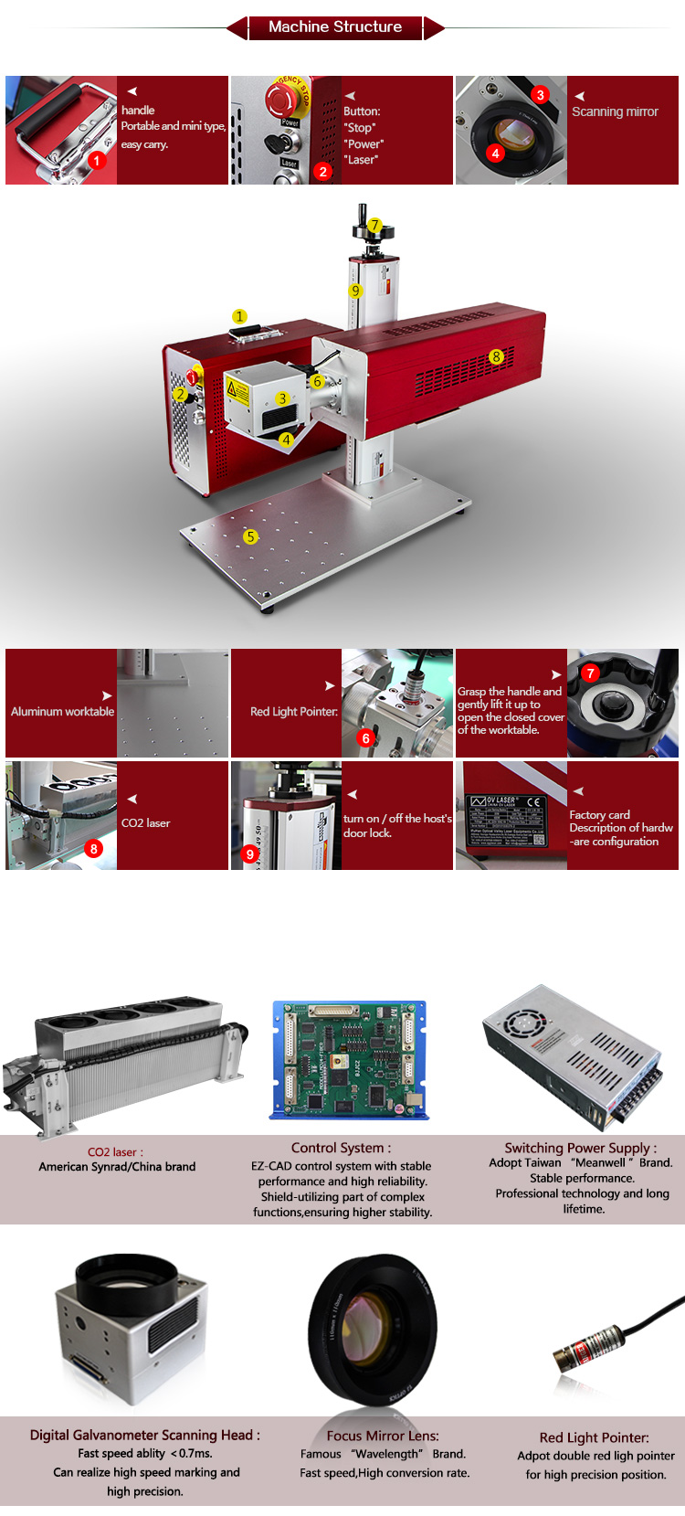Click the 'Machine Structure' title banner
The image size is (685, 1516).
tap(335, 27)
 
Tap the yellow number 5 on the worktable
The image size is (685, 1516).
tap(251, 536)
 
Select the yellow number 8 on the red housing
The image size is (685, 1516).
tap(496, 356)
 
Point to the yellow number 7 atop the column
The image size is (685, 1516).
tap(374, 225)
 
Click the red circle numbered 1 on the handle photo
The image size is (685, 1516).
tap(97, 160)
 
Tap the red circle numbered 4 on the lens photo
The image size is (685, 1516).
tap(495, 154)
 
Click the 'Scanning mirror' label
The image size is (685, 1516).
tap(615, 111)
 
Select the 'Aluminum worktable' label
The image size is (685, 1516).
tap(62, 711)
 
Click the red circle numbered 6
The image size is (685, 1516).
tap(366, 737)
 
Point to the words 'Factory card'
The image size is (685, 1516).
tap(599, 814)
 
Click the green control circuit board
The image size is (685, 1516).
tap(349, 1060)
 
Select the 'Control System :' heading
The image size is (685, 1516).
tap(341, 1148)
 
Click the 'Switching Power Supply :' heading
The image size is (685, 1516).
tap(580, 1148)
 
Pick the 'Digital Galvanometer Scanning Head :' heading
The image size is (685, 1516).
tap(144, 1435)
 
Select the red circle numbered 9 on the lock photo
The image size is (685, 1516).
tap(249, 854)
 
